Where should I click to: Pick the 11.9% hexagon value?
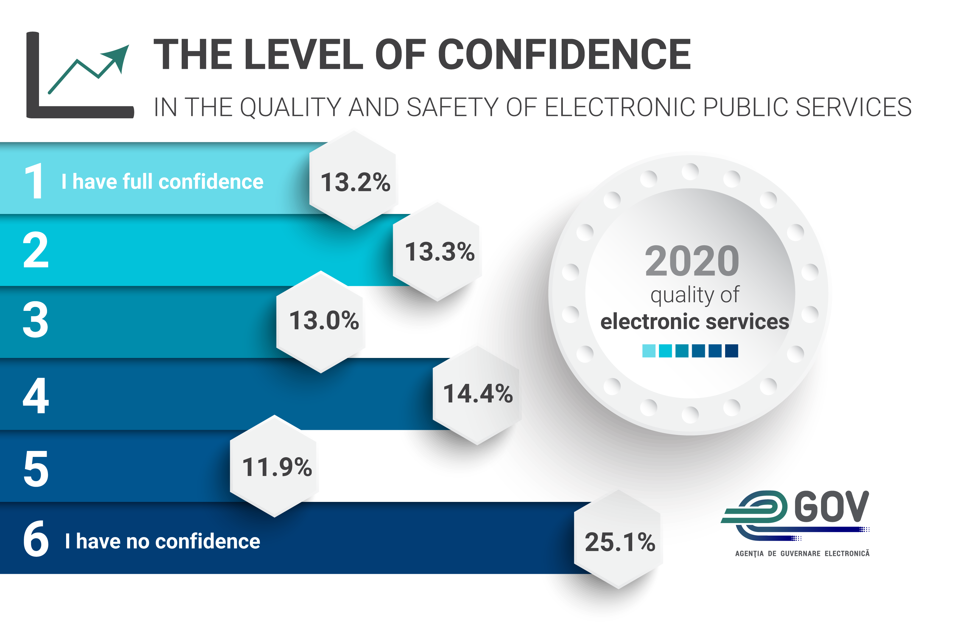277,467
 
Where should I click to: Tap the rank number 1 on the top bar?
34,182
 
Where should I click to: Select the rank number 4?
35,396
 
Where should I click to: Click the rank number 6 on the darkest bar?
35,539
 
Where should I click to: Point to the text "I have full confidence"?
162,182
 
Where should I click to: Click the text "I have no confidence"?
162,541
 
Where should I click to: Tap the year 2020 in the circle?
692,261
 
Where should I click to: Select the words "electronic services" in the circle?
694,322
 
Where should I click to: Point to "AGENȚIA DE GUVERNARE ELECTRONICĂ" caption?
802,553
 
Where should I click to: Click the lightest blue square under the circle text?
649,351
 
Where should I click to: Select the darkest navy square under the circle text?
732,351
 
